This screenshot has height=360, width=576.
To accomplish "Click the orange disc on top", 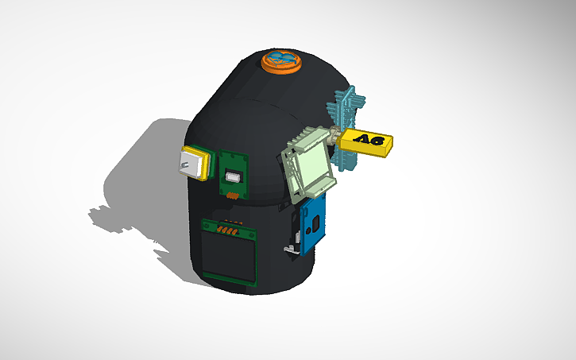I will (281, 60).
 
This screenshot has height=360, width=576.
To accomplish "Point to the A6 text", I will (370, 141).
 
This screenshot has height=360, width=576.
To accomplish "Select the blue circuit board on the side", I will (312, 223).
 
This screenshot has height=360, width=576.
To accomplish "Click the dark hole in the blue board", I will (311, 225).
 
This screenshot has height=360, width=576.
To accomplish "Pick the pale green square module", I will (308, 165).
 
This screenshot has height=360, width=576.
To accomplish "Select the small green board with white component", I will (235, 175).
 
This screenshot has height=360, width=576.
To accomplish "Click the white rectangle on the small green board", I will (234, 176).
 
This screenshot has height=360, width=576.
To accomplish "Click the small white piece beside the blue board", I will (292, 250).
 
